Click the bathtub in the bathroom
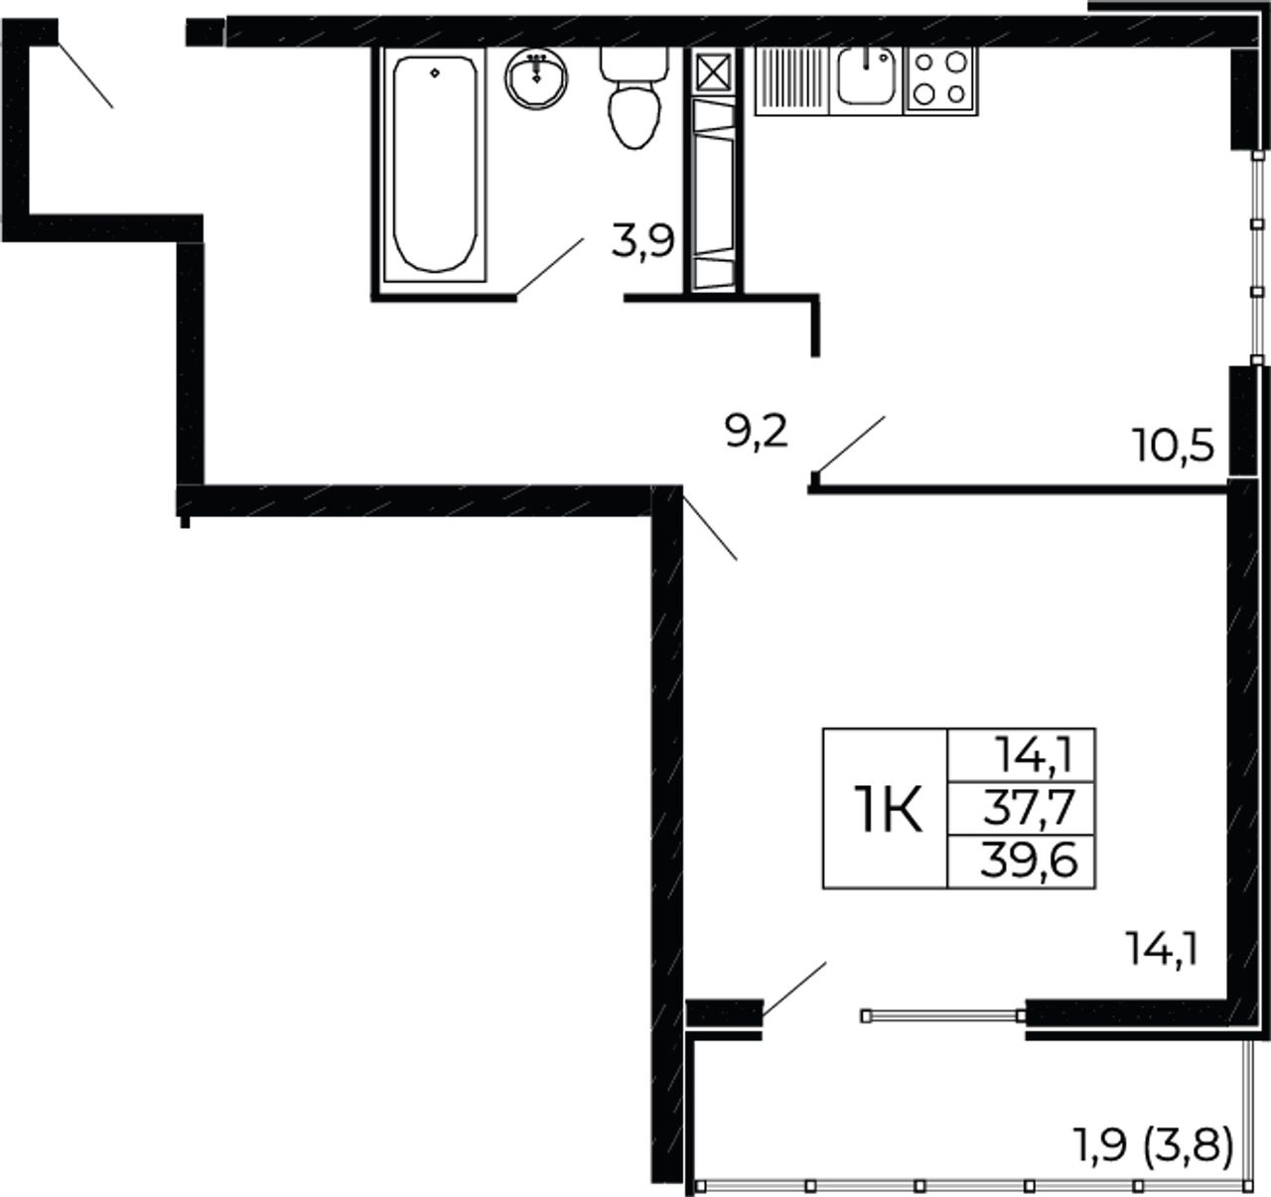pos(435,164)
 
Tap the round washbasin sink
pos(536,78)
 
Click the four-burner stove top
pos(940,80)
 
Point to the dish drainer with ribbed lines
pos(792,81)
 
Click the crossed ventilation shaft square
pos(714,72)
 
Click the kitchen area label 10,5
pos(1173,446)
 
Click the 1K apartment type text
pos(889,809)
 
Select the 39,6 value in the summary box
pos(1029,861)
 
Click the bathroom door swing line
pos(550,267)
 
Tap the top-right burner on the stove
pos(956,63)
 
